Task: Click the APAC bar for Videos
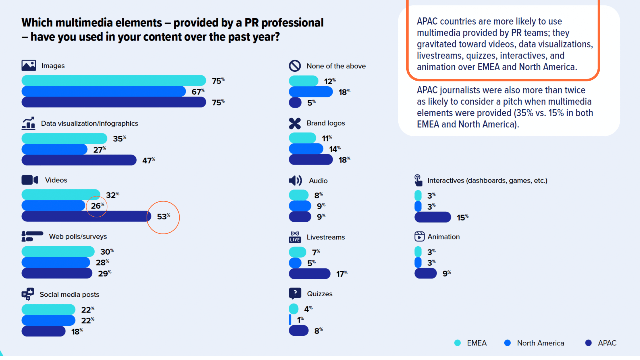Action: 86,216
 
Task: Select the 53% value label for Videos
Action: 163,217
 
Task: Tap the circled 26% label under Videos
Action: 97,206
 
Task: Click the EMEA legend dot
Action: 457,343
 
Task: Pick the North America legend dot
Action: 507,343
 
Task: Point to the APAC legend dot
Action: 588,343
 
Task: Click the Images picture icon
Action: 29,65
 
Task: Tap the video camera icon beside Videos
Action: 30,180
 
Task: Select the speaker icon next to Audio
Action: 295,181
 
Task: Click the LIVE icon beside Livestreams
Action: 295,237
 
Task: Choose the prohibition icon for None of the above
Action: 295,66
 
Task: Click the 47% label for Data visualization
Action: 148,160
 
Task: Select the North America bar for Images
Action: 103,91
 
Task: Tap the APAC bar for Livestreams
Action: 309,274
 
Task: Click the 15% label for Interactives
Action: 462,217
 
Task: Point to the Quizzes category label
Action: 319,294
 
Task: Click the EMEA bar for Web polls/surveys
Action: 58,252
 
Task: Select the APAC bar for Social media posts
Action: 43,331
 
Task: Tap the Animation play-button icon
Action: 419,237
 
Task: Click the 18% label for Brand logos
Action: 344,160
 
